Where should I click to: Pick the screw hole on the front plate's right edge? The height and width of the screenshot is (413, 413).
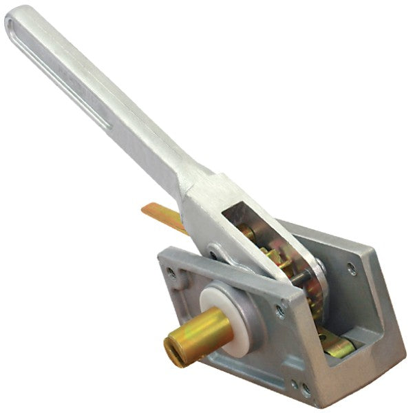point(281,311)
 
